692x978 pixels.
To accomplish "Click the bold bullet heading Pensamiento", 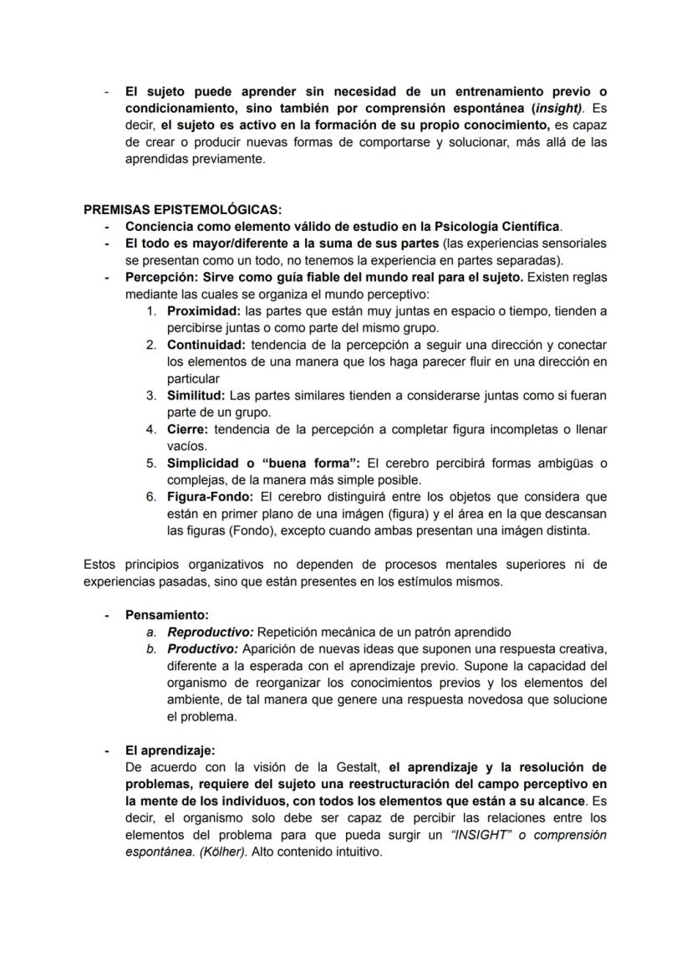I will pos(167,615).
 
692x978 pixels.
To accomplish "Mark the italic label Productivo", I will pos(203,648).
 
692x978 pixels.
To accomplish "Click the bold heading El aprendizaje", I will pos(170,750).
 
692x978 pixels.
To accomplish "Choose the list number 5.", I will pos(151,463).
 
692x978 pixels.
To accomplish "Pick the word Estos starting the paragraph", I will pos(100,565).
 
